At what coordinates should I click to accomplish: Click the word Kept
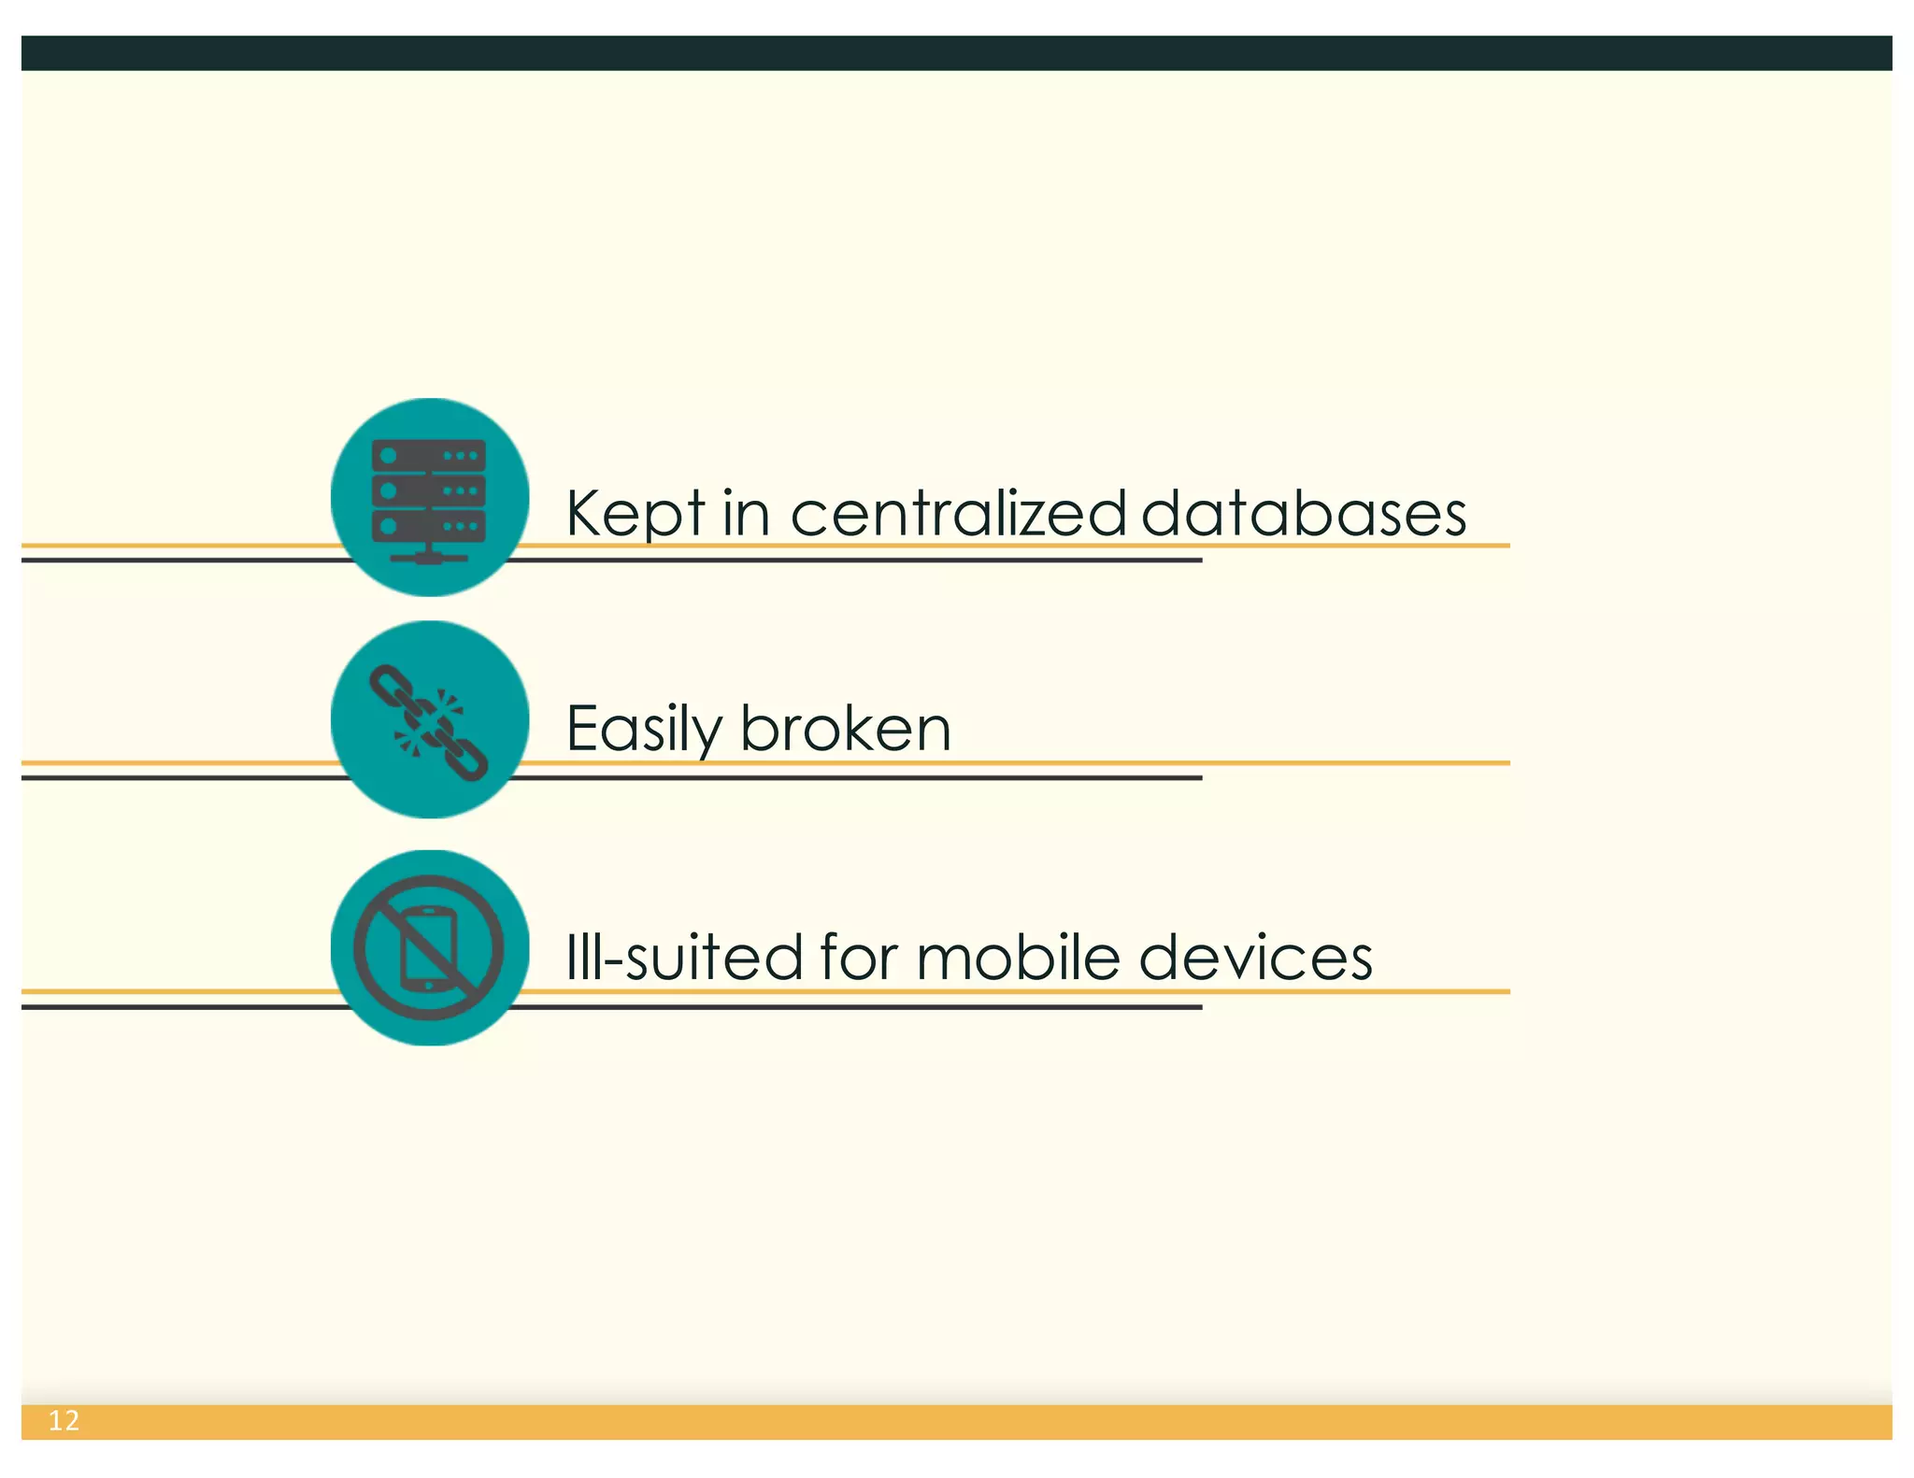(636, 514)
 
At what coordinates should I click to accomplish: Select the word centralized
(958, 514)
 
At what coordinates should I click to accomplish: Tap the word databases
(1303, 514)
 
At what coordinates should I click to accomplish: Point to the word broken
(846, 729)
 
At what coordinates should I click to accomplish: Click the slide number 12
(64, 1421)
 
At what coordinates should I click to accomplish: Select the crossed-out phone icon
(429, 947)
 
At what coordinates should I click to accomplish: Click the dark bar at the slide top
(957, 53)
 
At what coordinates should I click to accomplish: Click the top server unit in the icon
(429, 456)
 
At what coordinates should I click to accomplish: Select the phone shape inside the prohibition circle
(429, 947)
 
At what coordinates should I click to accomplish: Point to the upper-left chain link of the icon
(389, 687)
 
